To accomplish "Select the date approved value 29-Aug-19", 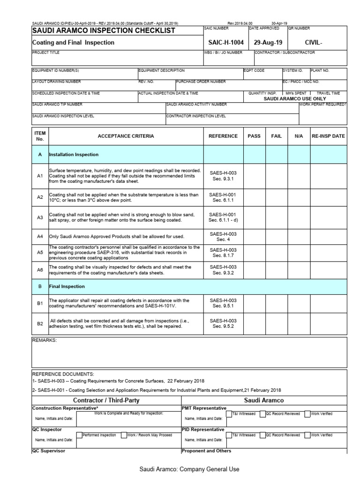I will point(266,43).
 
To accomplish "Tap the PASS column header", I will point(254,136).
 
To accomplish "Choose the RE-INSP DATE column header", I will point(328,136).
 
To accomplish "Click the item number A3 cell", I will point(40,217).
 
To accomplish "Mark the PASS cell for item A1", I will point(254,176).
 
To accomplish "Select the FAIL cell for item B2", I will point(277,323).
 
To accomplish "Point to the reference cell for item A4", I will point(223,236).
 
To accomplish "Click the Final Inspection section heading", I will point(67,286).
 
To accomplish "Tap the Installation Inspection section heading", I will point(74,154).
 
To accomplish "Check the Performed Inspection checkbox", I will point(79,435).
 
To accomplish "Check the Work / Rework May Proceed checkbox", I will point(123,435).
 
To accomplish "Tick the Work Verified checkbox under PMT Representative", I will point(307,414).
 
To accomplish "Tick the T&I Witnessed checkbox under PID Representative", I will point(228,435).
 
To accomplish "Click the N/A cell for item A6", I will point(299,270).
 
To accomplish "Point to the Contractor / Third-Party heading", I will point(106,401).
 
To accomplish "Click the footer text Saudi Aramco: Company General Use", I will point(189,469).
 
